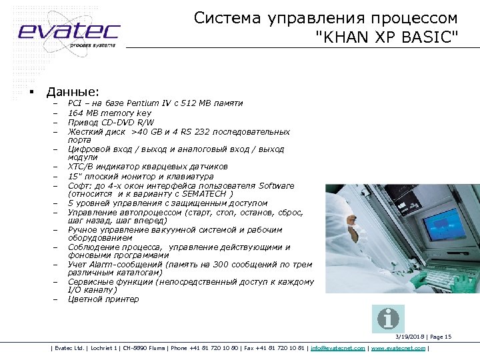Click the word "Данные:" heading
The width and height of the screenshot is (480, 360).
(72, 91)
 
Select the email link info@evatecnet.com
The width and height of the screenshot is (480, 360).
(338, 348)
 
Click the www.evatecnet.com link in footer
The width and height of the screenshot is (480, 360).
(398, 348)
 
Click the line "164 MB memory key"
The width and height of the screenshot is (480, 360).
(109, 113)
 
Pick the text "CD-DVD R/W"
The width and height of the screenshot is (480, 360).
(129, 123)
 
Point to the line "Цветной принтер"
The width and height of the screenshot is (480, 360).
(103, 299)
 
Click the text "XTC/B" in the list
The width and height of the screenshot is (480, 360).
(81, 167)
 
